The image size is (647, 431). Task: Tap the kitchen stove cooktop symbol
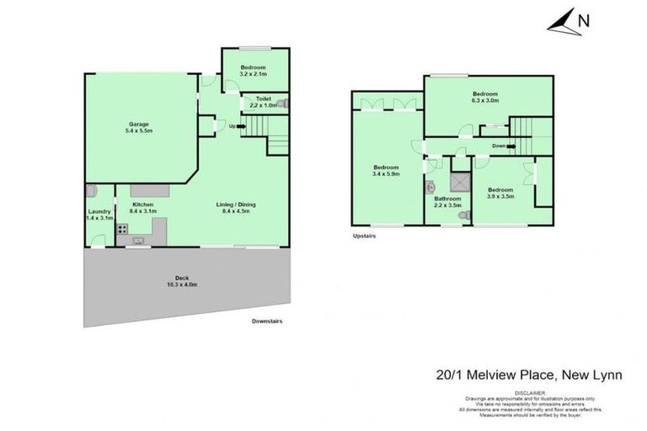coord(121,228)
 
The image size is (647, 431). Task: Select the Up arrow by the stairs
coord(236,127)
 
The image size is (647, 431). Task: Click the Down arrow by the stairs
coord(501,145)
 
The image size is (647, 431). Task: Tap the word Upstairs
coord(363,237)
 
